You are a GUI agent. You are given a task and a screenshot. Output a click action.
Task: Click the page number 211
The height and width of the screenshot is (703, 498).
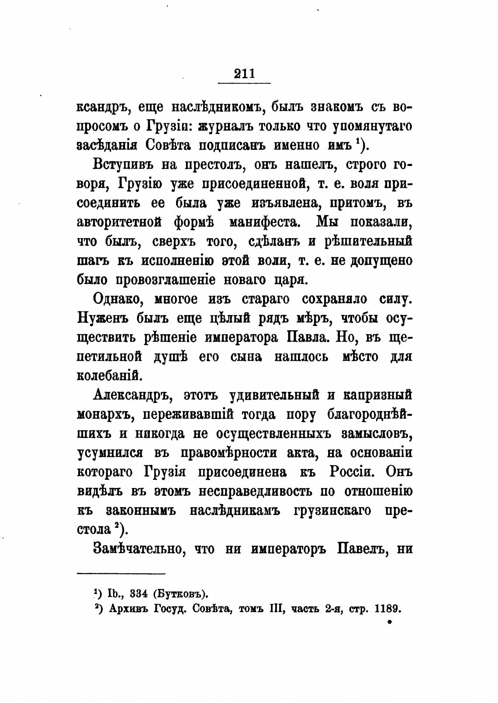click(x=244, y=73)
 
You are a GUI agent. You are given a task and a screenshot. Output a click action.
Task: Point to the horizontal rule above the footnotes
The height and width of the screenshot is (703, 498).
click(x=121, y=574)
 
